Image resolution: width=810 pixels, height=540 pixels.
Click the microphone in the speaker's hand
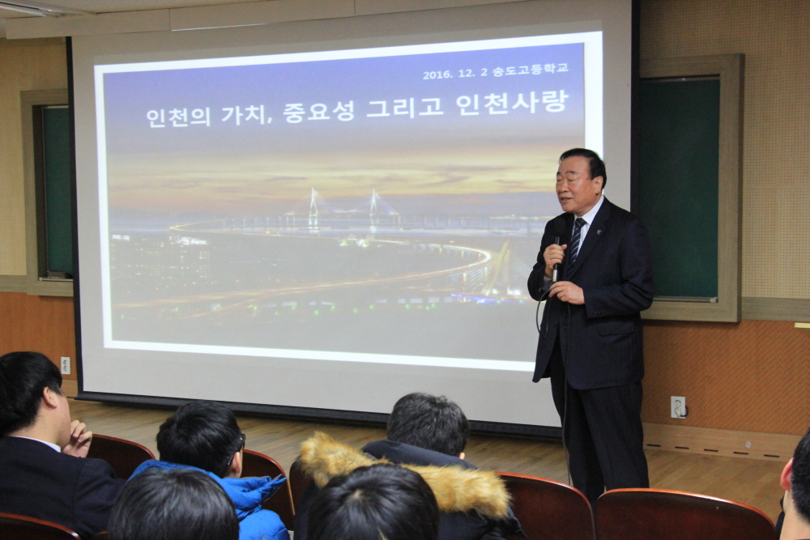point(556,258)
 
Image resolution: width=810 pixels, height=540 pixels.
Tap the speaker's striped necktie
point(575,241)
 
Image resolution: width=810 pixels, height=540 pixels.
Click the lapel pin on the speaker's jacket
point(599,232)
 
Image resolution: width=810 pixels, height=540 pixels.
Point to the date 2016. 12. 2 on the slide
point(455,74)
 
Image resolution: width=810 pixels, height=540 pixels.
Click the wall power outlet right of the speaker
point(678,406)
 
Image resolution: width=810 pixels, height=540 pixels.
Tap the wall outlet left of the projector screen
point(65,365)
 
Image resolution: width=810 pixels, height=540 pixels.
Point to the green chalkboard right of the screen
point(678,189)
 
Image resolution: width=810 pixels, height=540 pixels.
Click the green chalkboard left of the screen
point(58,190)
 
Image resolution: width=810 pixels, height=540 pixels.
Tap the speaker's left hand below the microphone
point(567,292)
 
